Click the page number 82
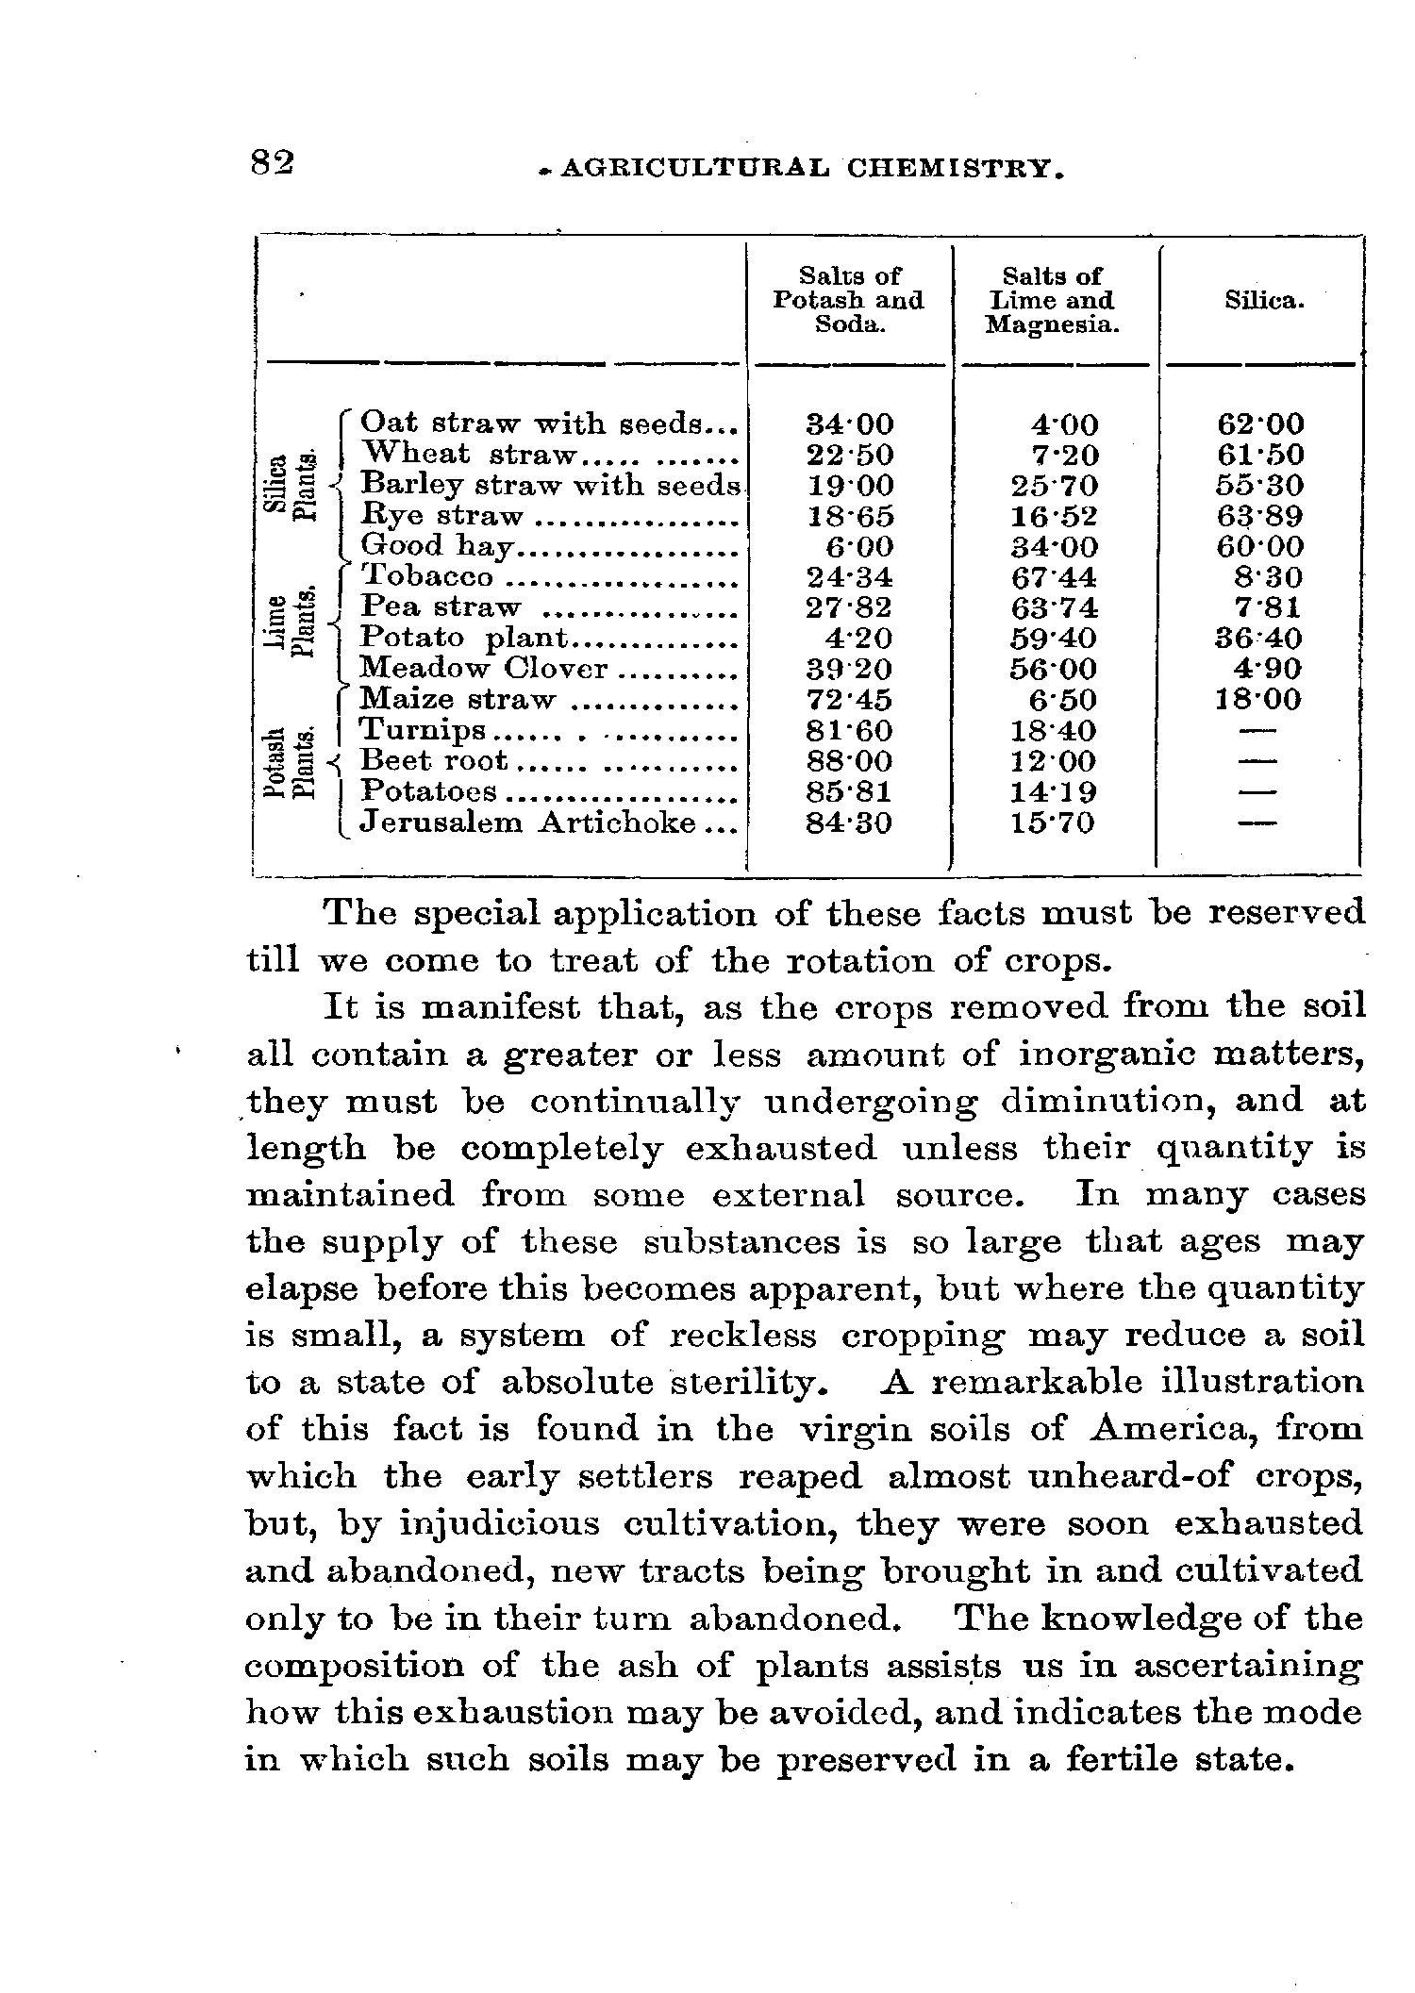(x=273, y=163)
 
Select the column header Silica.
(x=1264, y=301)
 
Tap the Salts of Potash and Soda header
(x=847, y=301)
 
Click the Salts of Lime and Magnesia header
(x=1051, y=301)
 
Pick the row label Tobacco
(x=427, y=576)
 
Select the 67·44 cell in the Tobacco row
(x=1053, y=576)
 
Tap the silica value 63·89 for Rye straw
(x=1260, y=516)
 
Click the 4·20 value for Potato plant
(x=857, y=638)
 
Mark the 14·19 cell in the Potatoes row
(x=1053, y=791)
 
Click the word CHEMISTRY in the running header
(x=957, y=169)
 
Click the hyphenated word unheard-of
(x=1085, y=1476)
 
